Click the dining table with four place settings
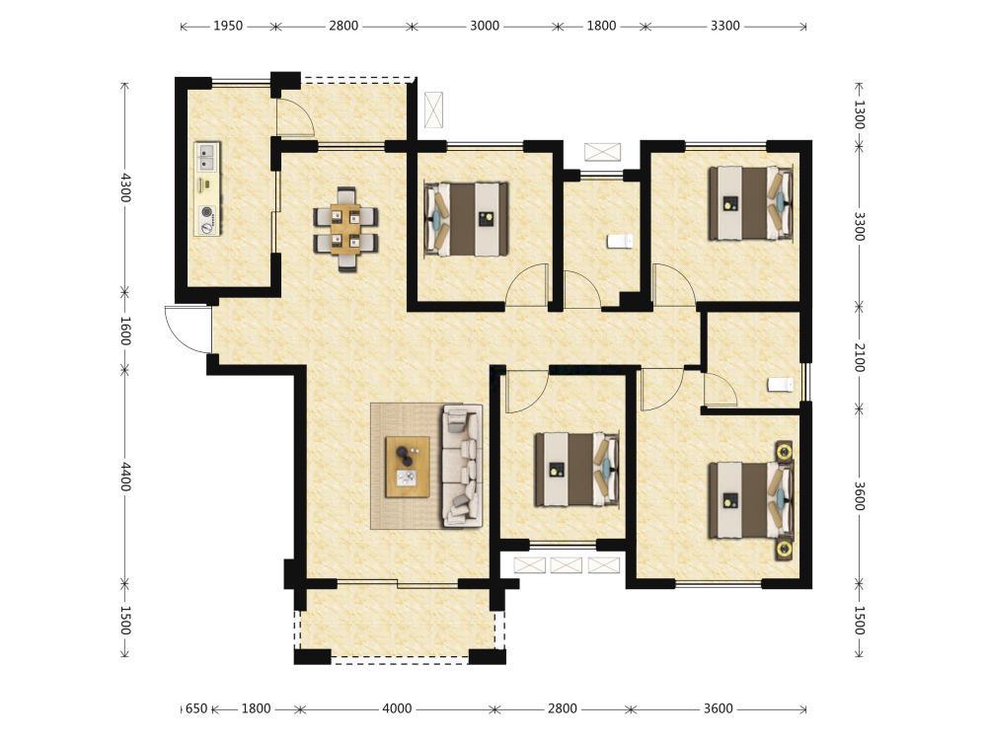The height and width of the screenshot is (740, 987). pyautogui.click(x=345, y=229)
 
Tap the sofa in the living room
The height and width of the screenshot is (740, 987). pyautogui.click(x=463, y=466)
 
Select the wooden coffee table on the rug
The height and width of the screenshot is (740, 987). pyautogui.click(x=408, y=467)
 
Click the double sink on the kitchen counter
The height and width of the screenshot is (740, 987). pyautogui.click(x=207, y=157)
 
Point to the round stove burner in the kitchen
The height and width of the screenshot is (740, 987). pyautogui.click(x=207, y=212)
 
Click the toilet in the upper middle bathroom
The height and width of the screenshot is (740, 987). pyautogui.click(x=620, y=241)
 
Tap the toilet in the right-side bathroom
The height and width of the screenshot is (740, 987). pyautogui.click(x=781, y=384)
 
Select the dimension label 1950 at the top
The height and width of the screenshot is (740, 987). pyautogui.click(x=228, y=26)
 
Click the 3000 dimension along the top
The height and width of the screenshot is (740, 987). pyautogui.click(x=485, y=26)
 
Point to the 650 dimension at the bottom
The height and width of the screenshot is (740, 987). pyautogui.click(x=196, y=708)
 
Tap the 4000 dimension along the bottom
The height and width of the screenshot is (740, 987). pyautogui.click(x=397, y=708)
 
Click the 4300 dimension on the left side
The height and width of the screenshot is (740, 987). pyautogui.click(x=126, y=187)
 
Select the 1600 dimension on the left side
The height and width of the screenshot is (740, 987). pyautogui.click(x=126, y=331)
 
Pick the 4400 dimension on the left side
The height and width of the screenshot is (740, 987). pyautogui.click(x=126, y=477)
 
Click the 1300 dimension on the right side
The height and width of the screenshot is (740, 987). pyautogui.click(x=860, y=114)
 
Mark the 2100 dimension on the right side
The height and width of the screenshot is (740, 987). pyautogui.click(x=860, y=357)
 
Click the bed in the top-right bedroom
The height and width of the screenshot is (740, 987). pyautogui.click(x=750, y=202)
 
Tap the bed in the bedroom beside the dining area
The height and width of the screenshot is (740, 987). pyautogui.click(x=467, y=219)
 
